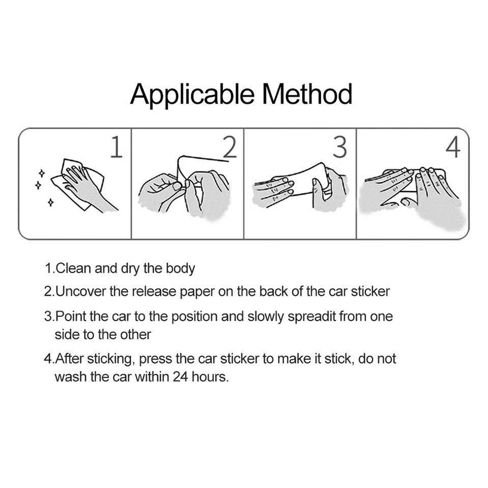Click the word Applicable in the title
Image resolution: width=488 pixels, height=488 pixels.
click(192, 95)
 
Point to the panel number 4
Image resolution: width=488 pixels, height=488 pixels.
click(453, 147)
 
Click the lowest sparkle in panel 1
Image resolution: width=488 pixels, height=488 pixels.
click(50, 203)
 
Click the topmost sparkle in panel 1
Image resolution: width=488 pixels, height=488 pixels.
click(41, 173)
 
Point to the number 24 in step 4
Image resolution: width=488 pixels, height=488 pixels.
click(181, 377)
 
